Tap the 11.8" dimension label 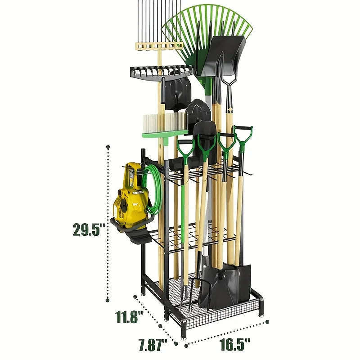tap(128, 316)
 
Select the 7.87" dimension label tap(153, 345)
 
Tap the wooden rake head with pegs tap(157, 45)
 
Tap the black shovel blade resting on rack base tap(225, 283)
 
